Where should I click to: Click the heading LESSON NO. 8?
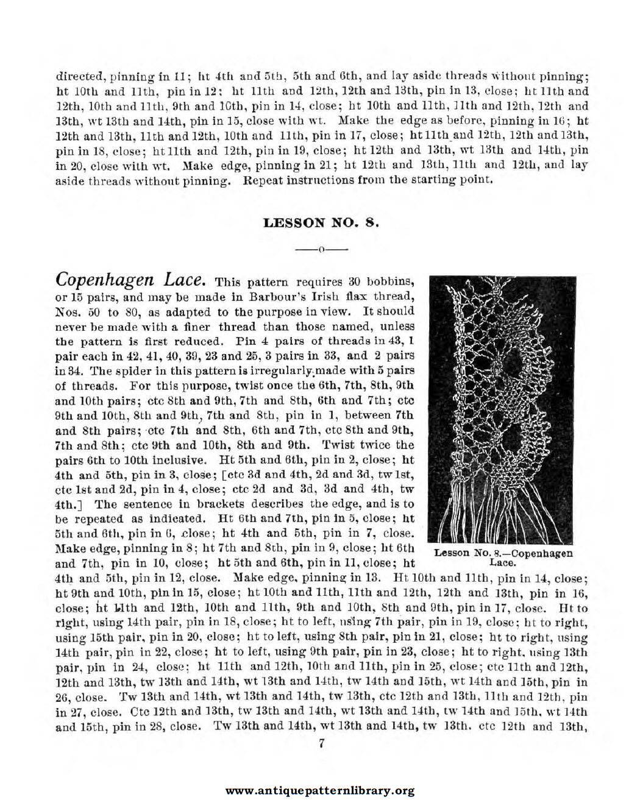point(321,222)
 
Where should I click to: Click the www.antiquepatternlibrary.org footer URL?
point(320,791)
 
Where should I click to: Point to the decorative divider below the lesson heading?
point(321,249)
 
